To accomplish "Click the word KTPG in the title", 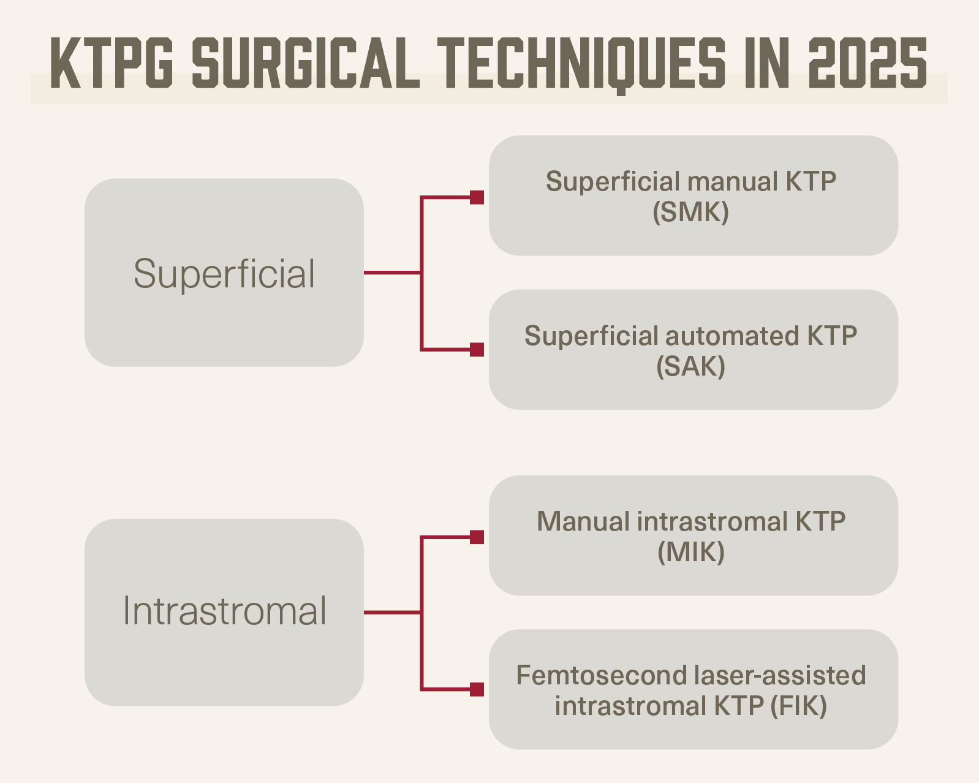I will coord(112,64).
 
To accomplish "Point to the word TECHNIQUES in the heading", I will coord(581,64).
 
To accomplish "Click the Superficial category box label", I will coord(224,273).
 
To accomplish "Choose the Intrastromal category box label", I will coord(224,611).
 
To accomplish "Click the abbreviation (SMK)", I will coord(691,212).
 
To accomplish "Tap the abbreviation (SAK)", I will coord(691,366).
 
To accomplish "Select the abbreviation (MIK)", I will coord(691,552).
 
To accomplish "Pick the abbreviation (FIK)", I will coord(798,706).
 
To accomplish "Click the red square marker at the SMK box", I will coord(477,197).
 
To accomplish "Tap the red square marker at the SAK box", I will coord(477,350).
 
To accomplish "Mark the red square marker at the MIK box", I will coord(477,537).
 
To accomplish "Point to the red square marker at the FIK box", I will coord(477,690).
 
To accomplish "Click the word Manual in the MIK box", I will coord(583,521).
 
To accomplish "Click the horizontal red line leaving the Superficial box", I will coord(392,273).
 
